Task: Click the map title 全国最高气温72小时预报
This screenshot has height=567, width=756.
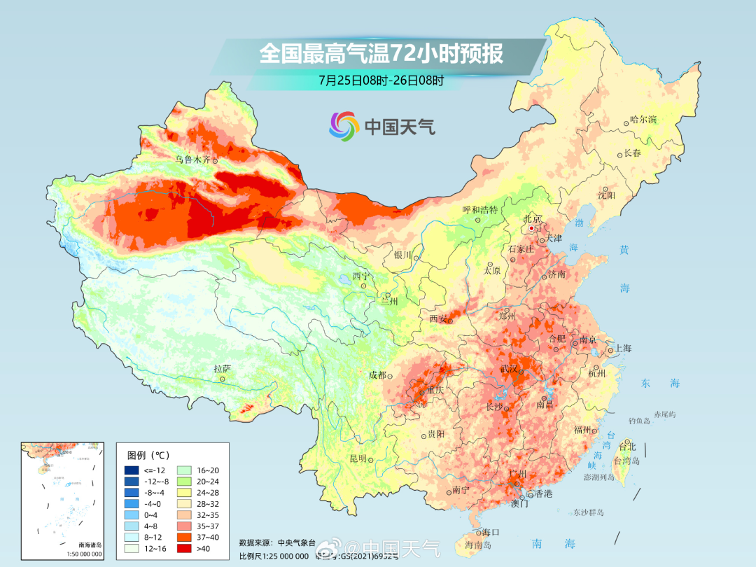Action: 381,54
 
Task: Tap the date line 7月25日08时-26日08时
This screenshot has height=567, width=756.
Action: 381,80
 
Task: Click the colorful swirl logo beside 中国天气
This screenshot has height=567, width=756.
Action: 344,126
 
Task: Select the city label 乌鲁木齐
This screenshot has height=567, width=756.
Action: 192,160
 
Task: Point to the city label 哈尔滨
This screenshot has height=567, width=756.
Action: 643,120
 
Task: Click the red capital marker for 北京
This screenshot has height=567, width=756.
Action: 532,228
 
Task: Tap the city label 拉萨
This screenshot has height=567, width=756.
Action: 222,368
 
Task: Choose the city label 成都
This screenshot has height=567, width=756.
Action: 377,375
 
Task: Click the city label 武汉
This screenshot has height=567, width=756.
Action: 508,368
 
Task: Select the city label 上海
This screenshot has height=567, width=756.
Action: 622,349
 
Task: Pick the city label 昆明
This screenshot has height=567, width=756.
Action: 358,458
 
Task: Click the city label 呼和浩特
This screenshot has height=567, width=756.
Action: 480,209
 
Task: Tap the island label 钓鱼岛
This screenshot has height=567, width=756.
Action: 639,421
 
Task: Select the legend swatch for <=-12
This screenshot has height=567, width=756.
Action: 131,470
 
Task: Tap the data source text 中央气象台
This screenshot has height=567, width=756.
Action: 294,542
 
